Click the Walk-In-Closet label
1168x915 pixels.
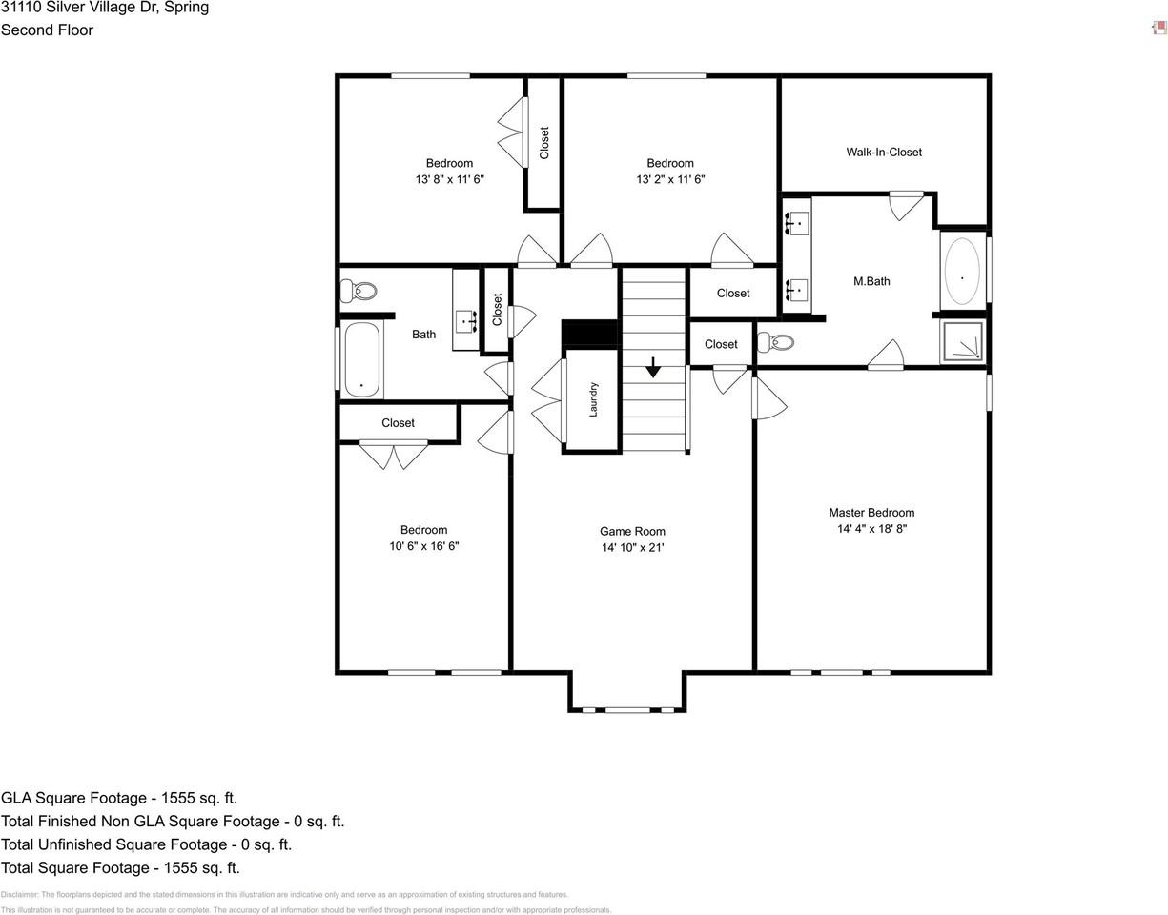883,152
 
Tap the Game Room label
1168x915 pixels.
632,531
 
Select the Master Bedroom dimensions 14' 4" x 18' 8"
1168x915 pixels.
871,528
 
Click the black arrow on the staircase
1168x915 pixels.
653,367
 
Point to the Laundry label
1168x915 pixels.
593,398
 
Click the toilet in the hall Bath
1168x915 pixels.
359,290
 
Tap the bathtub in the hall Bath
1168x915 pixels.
361,359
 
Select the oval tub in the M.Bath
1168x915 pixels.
961,271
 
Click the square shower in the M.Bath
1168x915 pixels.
962,341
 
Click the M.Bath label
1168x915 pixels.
871,281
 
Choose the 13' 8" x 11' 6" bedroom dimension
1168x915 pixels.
449,179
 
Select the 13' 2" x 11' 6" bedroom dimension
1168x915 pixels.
670,179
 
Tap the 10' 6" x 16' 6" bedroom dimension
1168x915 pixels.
423,546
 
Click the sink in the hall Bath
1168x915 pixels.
466,321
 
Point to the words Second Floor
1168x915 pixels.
47,30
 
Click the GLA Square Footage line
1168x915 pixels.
119,798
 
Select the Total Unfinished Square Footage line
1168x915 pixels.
146,844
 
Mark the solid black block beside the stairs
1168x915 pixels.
590,334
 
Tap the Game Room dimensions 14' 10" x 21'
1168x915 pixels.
632,547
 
